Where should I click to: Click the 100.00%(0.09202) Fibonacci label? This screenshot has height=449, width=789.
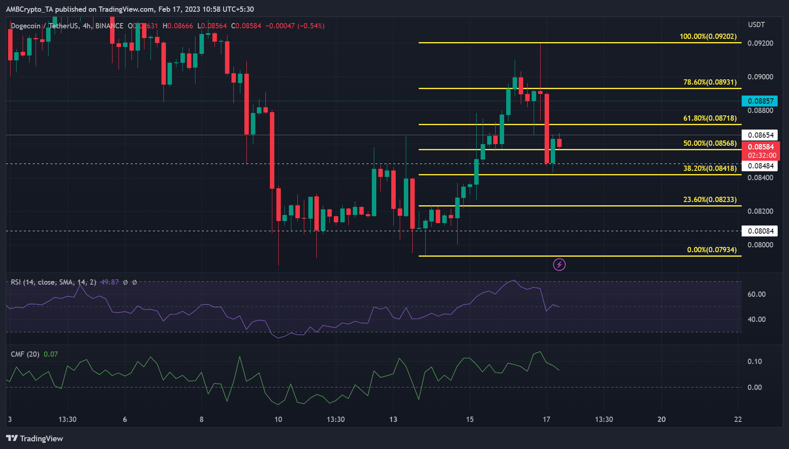pyautogui.click(x=708, y=36)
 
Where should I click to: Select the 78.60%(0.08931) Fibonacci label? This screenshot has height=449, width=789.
pyautogui.click(x=710, y=82)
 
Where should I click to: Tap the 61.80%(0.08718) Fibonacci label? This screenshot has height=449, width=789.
pyautogui.click(x=710, y=118)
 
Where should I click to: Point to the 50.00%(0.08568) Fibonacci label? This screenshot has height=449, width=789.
pyautogui.click(x=710, y=143)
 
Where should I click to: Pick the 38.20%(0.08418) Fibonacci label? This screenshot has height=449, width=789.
pyautogui.click(x=710, y=168)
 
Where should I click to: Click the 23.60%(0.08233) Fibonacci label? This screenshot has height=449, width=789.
pyautogui.click(x=710, y=200)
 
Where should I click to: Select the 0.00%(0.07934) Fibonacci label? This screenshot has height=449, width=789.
pyautogui.click(x=712, y=250)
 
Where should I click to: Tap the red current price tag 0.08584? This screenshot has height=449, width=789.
pyautogui.click(x=761, y=147)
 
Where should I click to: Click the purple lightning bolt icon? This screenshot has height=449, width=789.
pyautogui.click(x=559, y=265)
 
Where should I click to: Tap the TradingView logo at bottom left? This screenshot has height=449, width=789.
pyautogui.click(x=35, y=438)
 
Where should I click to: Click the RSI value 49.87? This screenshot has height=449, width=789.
pyautogui.click(x=110, y=282)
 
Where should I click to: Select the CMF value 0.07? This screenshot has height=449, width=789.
pyautogui.click(x=51, y=354)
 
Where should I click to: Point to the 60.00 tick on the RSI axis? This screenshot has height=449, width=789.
pyautogui.click(x=756, y=294)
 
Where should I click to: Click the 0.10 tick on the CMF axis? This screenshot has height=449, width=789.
pyautogui.click(x=755, y=362)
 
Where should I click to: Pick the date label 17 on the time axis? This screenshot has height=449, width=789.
pyautogui.click(x=546, y=419)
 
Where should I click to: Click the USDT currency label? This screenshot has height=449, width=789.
pyautogui.click(x=756, y=25)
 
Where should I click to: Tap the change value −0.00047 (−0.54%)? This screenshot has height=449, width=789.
pyautogui.click(x=295, y=26)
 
